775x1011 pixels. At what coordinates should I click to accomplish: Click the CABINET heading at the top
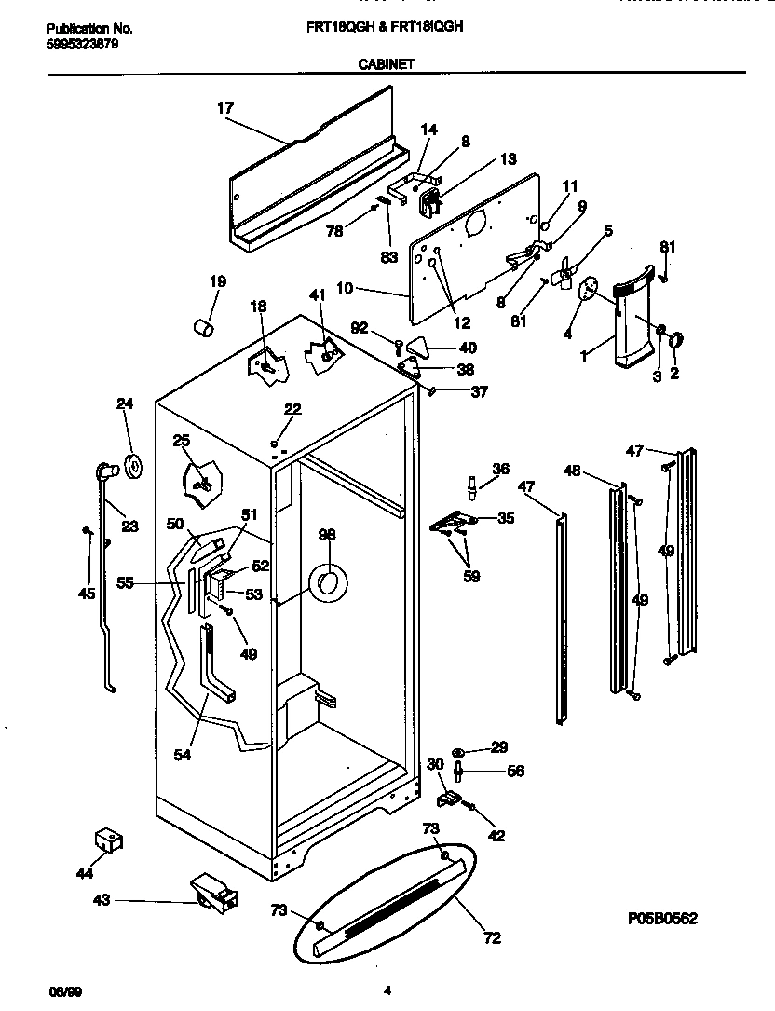pos(387,64)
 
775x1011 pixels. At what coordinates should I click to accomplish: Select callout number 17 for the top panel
pos(225,108)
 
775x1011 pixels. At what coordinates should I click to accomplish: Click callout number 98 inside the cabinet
pos(326,534)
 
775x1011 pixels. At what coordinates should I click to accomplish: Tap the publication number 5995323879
pos(82,43)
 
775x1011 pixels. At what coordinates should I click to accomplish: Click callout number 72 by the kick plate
pos(492,937)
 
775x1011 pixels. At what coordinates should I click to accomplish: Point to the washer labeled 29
pos(460,751)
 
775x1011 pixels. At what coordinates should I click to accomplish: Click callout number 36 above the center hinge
pos(501,469)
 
